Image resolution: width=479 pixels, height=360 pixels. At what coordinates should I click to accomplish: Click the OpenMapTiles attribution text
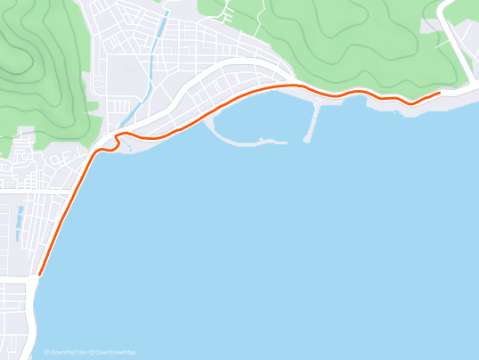click(x=69, y=353)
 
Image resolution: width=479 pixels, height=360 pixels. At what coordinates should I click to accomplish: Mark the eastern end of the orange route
click(x=439, y=93)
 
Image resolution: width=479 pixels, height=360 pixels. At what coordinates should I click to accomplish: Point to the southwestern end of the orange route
click(x=40, y=274)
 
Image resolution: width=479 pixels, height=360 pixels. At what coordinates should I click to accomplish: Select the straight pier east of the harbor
click(x=313, y=121)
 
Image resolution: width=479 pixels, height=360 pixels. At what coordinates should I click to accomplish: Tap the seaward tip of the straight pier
click(x=306, y=140)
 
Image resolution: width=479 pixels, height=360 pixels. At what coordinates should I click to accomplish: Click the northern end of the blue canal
click(x=164, y=14)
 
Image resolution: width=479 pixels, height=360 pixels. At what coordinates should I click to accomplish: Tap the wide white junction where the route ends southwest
click(x=34, y=283)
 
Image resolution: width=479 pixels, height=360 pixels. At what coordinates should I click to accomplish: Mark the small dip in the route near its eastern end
click(x=410, y=102)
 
